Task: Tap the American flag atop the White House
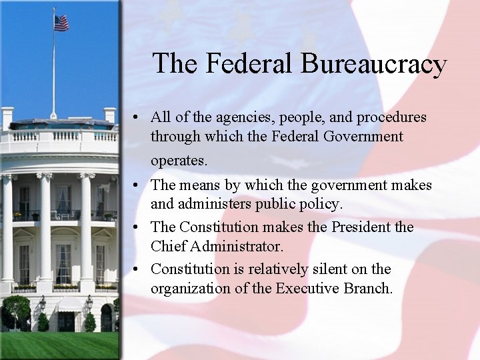pos(61,23)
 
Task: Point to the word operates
pos(179,161)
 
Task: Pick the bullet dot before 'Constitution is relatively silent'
pos(135,270)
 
